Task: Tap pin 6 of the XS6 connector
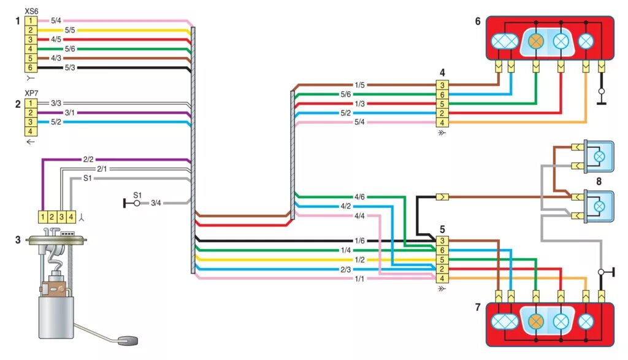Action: (30, 67)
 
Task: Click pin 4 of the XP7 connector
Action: (30, 131)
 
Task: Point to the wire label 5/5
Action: (69, 30)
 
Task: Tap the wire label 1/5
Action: (359, 85)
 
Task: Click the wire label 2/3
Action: (345, 269)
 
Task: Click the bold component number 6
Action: (477, 21)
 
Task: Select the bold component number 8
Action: (599, 181)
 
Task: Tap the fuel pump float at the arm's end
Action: (127, 339)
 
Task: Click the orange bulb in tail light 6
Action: (537, 40)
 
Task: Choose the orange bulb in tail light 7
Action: (537, 320)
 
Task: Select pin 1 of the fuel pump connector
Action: (43, 216)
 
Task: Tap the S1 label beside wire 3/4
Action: (138, 195)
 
